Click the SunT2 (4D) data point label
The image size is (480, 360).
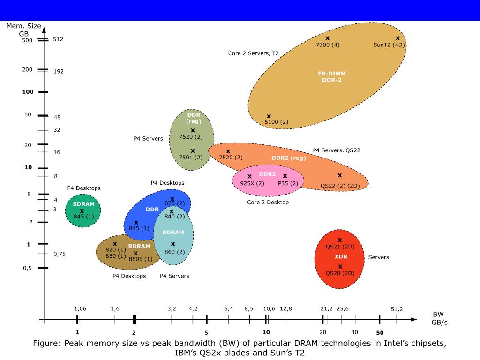pos(389,45)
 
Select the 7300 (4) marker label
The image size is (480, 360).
pos(328,45)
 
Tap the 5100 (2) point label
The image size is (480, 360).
pos(277,122)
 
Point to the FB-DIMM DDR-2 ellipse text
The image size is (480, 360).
pos(332,76)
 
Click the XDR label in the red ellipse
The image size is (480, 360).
pos(341,257)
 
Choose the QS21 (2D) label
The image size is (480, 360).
pos(340,247)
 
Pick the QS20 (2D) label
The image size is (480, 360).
pos(340,273)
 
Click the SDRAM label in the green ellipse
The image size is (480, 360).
pos(83,204)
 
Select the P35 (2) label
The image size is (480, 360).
pos(288,183)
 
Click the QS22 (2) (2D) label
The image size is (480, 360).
pos(340,186)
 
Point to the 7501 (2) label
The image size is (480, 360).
pos(191,157)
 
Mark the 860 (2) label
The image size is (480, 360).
pos(174,252)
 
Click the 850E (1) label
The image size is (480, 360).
pos(141,259)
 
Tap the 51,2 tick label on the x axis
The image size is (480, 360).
pos(397,309)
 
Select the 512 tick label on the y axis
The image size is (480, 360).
pos(58,39)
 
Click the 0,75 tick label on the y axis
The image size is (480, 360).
pos(60,254)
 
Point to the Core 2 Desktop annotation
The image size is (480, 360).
pos(268,202)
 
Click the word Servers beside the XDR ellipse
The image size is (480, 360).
pos(378,257)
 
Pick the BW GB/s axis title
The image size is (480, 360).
pos(438,318)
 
